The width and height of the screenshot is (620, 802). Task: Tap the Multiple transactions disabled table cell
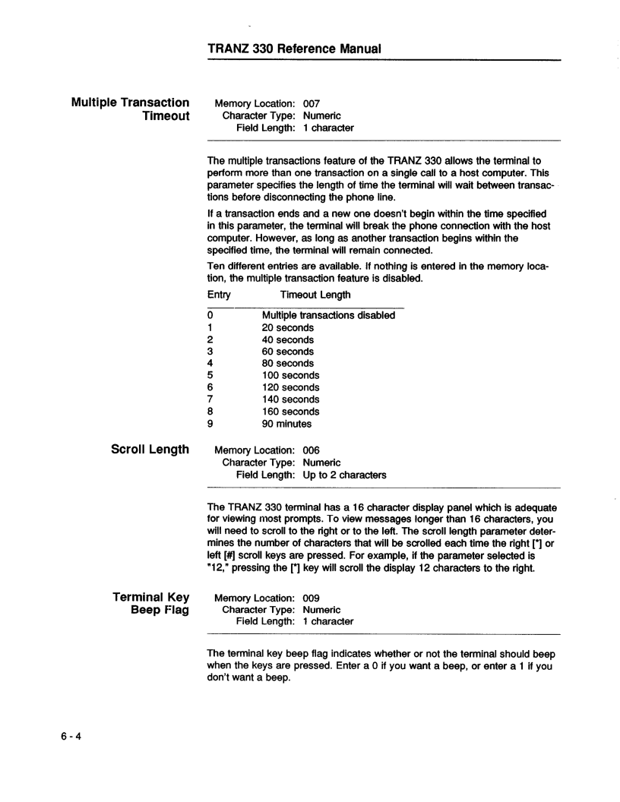(328, 315)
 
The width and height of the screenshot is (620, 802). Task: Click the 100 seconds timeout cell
(291, 375)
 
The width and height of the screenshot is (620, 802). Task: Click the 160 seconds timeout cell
(291, 412)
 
